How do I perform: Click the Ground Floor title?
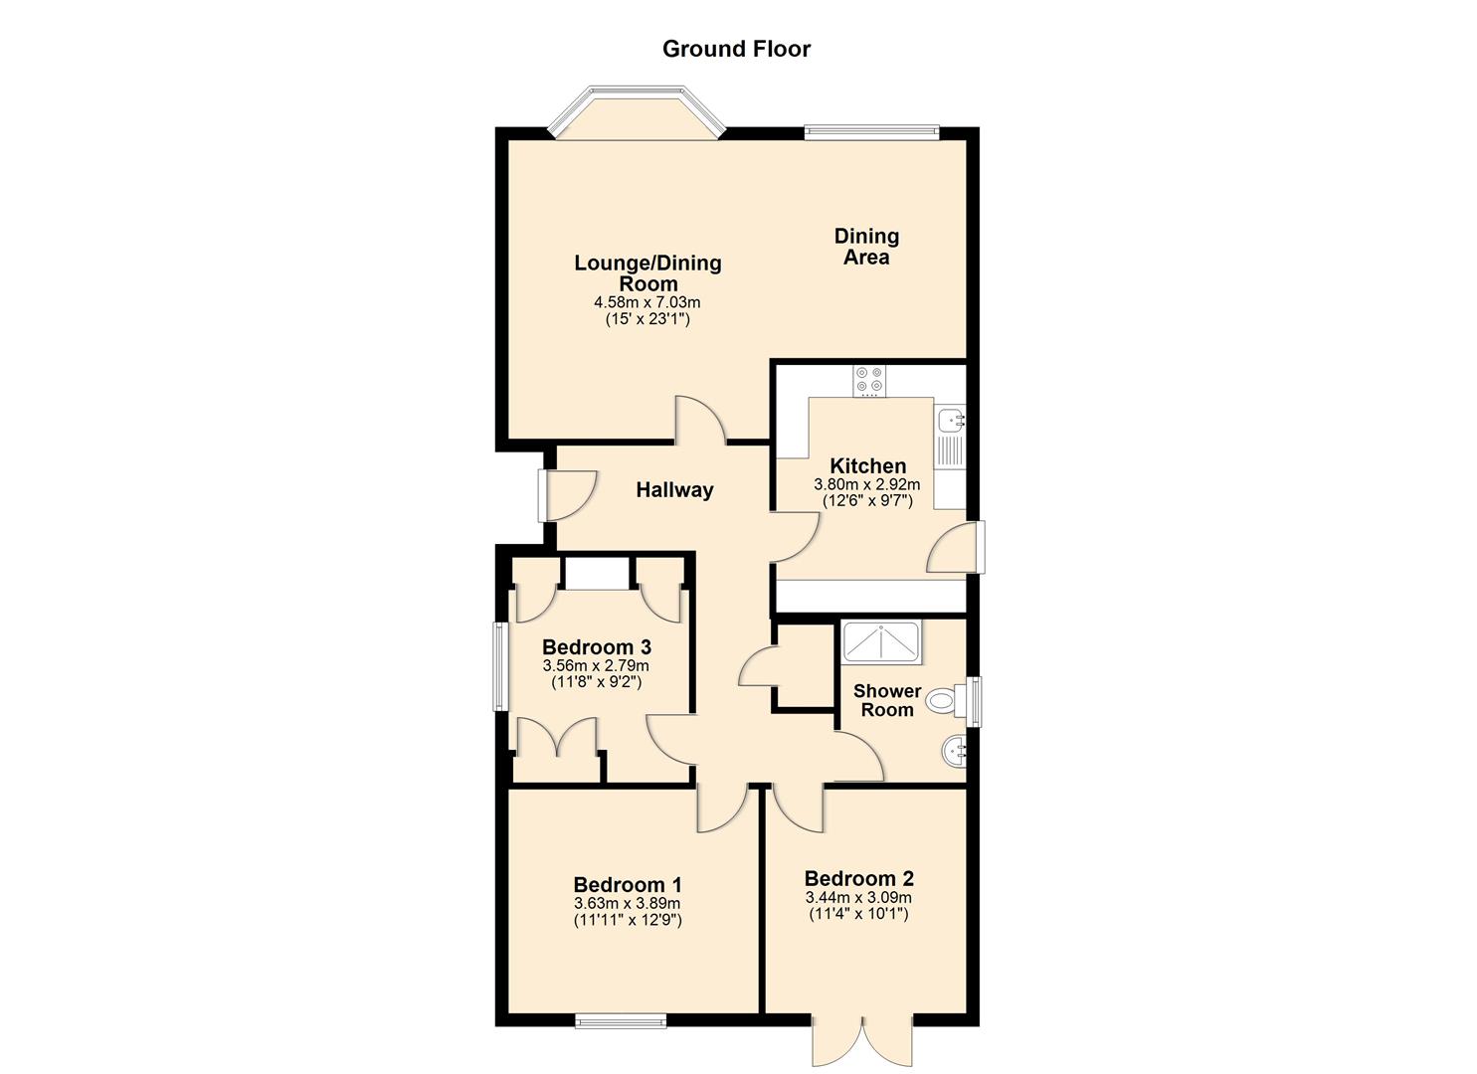click(x=736, y=49)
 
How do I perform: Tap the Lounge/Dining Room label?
click(x=647, y=272)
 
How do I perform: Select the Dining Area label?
click(x=866, y=247)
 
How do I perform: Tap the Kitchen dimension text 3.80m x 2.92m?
click(x=867, y=484)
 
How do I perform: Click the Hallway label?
click(x=675, y=489)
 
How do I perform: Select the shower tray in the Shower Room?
click(x=881, y=642)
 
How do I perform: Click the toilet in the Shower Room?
click(x=944, y=701)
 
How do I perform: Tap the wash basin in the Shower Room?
click(x=953, y=751)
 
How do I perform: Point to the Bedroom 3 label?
click(x=597, y=647)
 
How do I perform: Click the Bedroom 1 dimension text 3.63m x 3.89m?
click(x=628, y=903)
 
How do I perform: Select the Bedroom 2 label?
click(x=859, y=878)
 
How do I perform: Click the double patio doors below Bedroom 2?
click(x=862, y=1040)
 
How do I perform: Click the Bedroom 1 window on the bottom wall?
click(x=621, y=1020)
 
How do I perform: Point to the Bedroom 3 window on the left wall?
click(x=500, y=666)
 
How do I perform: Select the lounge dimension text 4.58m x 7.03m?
click(x=647, y=301)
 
